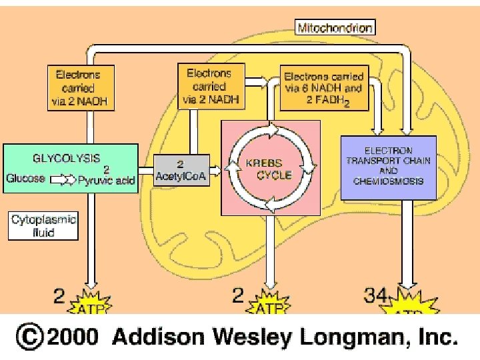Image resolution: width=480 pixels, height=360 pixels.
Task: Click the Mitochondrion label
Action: pyautogui.click(x=335, y=27)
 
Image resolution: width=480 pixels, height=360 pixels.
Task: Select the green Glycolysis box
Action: pyautogui.click(x=70, y=168)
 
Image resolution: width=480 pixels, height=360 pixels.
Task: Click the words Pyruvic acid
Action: pyautogui.click(x=106, y=180)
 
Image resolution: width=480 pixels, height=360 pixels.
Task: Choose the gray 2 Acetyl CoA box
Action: pyautogui.click(x=181, y=170)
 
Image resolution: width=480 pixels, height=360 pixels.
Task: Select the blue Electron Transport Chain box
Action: pyautogui.click(x=388, y=165)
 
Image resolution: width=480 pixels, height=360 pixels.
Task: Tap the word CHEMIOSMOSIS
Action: pyautogui.click(x=389, y=181)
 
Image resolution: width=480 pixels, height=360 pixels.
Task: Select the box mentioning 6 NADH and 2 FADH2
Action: pyautogui.click(x=324, y=91)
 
